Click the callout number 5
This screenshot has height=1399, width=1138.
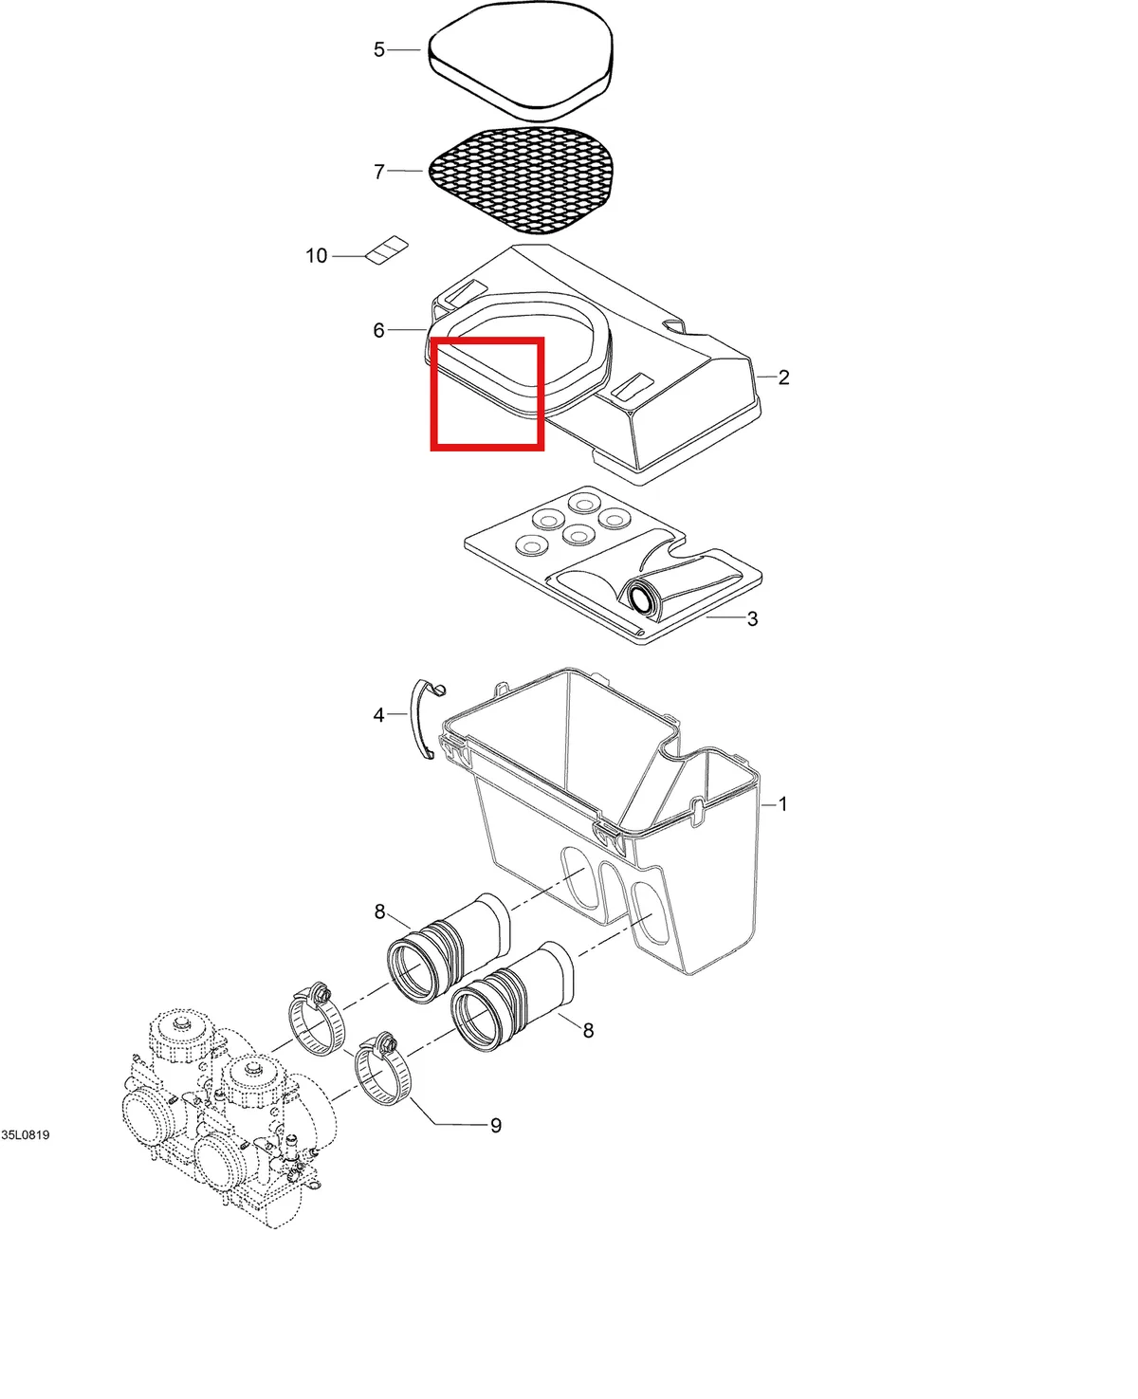click(379, 50)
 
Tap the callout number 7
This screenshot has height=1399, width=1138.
click(379, 172)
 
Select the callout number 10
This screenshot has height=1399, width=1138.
click(317, 255)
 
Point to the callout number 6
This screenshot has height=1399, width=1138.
click(379, 330)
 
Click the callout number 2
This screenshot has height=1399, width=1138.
click(783, 377)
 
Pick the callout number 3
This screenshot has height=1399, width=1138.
click(753, 618)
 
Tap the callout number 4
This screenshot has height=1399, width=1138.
click(379, 714)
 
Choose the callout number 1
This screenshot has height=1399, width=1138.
click(782, 804)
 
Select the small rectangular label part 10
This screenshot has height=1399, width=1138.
click(387, 249)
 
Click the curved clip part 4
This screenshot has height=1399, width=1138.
click(427, 720)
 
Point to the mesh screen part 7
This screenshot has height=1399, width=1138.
click(521, 180)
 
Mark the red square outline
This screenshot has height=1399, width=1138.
click(487, 340)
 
